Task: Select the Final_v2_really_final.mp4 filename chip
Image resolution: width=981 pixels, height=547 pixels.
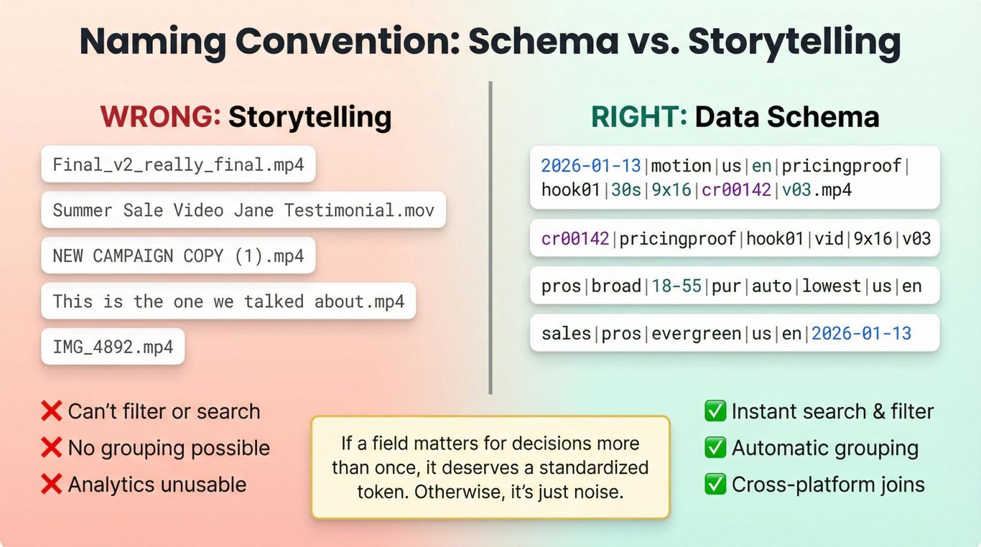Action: coord(178,164)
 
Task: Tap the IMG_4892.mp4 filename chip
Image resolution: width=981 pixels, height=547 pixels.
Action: coord(113,347)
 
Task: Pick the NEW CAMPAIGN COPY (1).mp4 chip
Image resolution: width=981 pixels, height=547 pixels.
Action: coord(178,256)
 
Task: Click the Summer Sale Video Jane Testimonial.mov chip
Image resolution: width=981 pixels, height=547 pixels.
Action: coord(243,210)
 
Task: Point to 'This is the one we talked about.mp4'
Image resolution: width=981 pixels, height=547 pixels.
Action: coord(228,301)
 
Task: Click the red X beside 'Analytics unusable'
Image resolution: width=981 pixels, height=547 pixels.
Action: coord(51,485)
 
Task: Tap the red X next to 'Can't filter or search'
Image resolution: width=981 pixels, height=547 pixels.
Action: coord(51,411)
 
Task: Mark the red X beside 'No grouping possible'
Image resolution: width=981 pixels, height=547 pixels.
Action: coord(51,448)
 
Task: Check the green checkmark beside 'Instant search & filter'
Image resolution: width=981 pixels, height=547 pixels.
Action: coord(715,411)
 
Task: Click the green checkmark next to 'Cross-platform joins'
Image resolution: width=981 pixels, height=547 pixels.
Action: coord(715,485)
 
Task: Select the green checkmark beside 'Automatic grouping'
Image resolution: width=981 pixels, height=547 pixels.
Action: coord(715,448)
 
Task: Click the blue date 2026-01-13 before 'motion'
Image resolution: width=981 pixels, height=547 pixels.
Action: coord(591,166)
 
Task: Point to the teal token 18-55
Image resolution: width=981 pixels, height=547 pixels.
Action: coord(677,286)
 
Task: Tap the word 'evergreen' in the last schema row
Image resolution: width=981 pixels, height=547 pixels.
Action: coord(697,335)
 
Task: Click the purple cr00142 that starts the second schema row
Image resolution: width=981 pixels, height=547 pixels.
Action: coord(575,239)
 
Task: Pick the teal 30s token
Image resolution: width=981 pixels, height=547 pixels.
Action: coord(626,190)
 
